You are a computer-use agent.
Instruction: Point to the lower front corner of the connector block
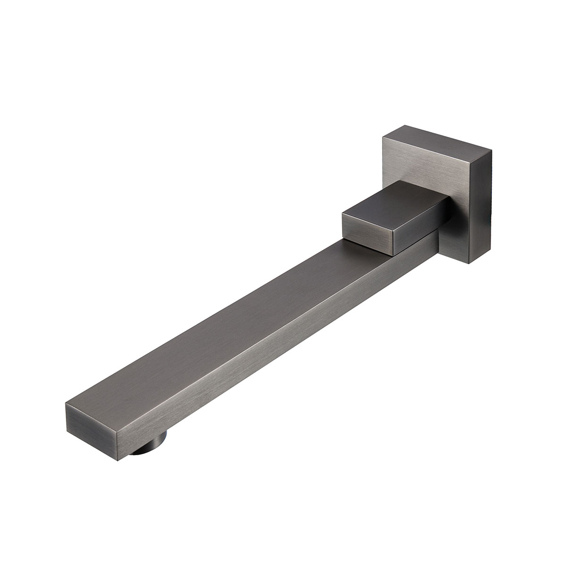pos(391,255)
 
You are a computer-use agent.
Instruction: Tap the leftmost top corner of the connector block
pos(341,215)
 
